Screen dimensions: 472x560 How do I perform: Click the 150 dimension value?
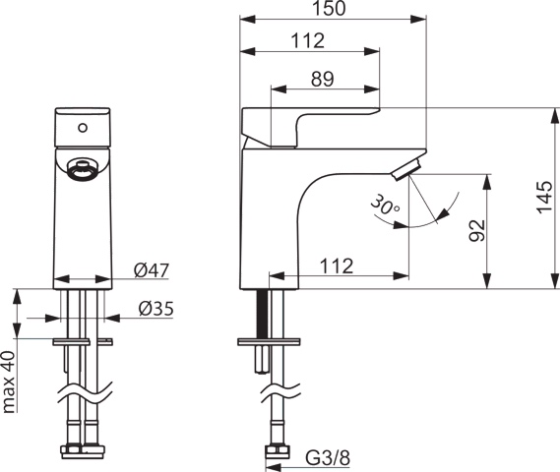pos(333,10)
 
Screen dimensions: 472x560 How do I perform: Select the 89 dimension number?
pos(321,81)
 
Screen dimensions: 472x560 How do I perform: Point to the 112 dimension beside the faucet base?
pos(337,266)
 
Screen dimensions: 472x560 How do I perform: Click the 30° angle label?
pos(385,206)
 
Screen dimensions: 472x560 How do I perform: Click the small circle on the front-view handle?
pos(82,127)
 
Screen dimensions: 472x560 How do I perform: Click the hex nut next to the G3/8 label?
pos(275,452)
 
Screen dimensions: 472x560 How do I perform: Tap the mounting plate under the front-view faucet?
pos(82,341)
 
